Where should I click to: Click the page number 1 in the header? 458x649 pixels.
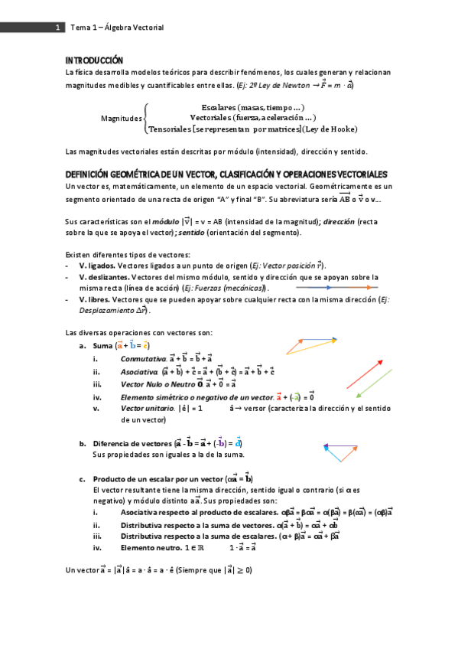coord(57,28)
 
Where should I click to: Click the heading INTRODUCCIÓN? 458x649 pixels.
coord(93,60)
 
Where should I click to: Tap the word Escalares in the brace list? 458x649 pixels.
coord(218,107)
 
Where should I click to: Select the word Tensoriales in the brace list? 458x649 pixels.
coord(174,129)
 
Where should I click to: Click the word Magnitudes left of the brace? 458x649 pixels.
coord(121,119)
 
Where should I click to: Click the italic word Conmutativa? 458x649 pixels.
coord(143,358)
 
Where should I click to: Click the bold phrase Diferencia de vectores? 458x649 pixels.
coord(132,444)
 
